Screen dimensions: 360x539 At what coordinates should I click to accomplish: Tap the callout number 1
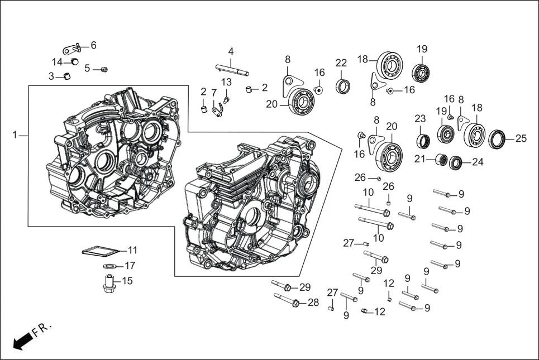pyautogui.click(x=16, y=135)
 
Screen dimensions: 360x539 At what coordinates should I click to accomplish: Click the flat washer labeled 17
pyautogui.click(x=110, y=266)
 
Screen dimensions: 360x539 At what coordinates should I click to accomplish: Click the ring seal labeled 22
pyautogui.click(x=343, y=86)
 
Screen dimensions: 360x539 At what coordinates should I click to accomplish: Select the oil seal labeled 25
pyautogui.click(x=497, y=138)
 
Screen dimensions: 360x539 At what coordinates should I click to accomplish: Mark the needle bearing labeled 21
pyautogui.click(x=440, y=160)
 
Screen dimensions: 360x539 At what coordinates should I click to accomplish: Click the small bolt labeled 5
pyautogui.click(x=103, y=69)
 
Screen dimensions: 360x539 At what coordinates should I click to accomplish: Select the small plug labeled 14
pyautogui.click(x=74, y=61)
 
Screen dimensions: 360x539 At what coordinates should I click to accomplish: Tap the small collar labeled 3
pyautogui.click(x=67, y=76)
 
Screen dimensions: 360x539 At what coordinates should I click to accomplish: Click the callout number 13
pyautogui.click(x=226, y=82)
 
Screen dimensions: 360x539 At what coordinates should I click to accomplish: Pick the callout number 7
pyautogui.click(x=213, y=92)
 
